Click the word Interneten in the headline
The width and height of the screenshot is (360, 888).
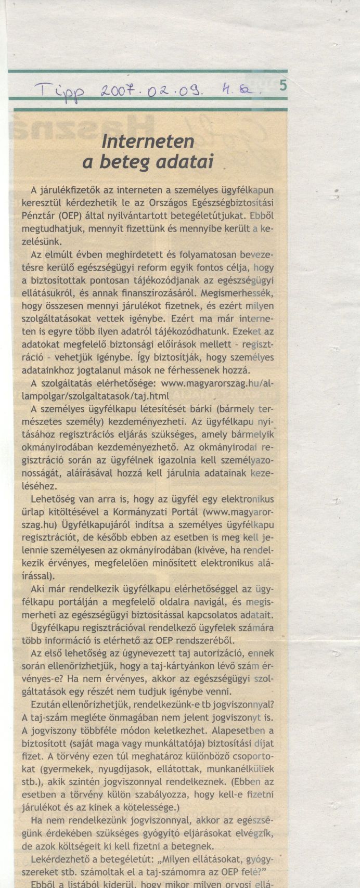148,140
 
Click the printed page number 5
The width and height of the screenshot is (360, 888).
282,86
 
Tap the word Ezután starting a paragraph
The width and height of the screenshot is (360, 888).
47,704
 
